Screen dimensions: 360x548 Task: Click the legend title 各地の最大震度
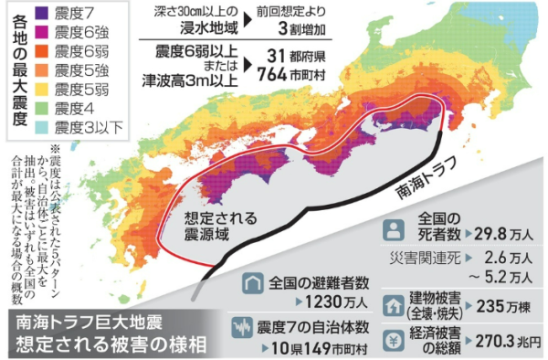[x=17, y=69]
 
